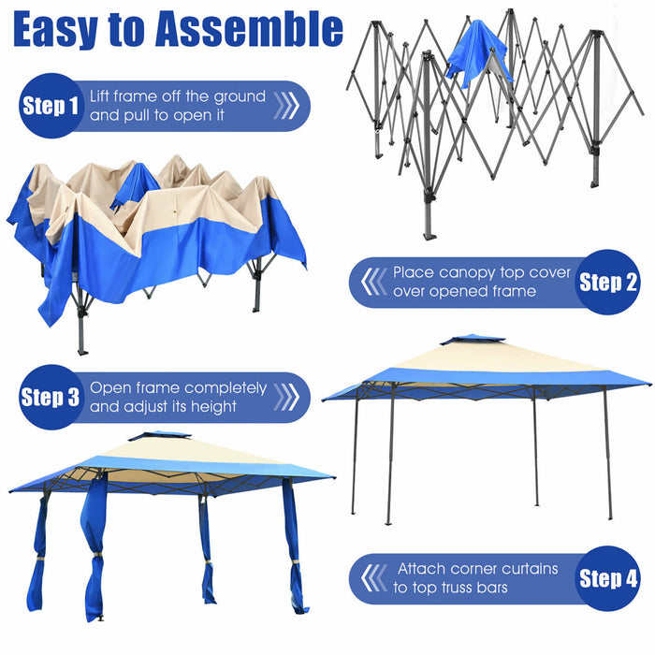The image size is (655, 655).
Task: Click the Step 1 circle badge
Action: tap(51, 106)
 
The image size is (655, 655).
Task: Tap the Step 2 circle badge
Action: tap(608, 282)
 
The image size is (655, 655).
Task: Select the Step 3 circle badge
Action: tap(51, 398)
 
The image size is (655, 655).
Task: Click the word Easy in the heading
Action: tap(57, 30)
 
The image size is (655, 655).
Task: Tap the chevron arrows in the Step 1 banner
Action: tap(286, 106)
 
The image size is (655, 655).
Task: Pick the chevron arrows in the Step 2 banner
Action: tap(373, 282)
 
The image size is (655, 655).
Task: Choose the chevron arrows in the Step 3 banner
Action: tap(286, 398)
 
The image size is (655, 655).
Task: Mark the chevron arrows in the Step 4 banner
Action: tap(373, 577)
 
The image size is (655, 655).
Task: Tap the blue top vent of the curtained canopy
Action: tap(158, 436)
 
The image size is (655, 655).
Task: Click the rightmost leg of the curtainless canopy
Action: tap(606, 454)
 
